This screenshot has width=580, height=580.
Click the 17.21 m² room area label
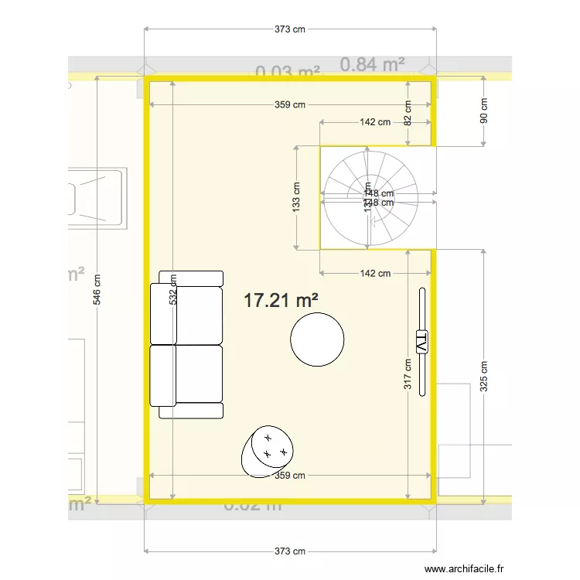coord(281,301)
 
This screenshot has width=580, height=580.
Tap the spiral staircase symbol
coord(370,198)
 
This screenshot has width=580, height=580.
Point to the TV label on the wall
coord(422,341)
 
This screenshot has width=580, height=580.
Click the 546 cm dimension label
coord(97,291)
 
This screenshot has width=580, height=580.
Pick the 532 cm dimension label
coord(172,289)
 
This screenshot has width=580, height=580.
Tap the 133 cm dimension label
coord(296,198)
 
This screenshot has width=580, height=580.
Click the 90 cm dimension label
coord(484,112)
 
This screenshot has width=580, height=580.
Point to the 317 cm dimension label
coord(408,374)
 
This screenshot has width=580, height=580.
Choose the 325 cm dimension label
coord(484,376)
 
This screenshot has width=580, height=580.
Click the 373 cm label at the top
coord(290,29)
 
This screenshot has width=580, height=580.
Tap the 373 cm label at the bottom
coord(290,551)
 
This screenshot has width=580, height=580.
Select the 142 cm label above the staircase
coord(374,122)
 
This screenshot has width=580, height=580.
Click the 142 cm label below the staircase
coord(374,273)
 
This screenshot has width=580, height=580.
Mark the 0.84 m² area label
coord(373,64)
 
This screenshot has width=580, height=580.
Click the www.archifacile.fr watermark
coord(468,568)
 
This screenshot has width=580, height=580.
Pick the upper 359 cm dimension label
coord(290,105)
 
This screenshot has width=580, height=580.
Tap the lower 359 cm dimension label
coord(290,476)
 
